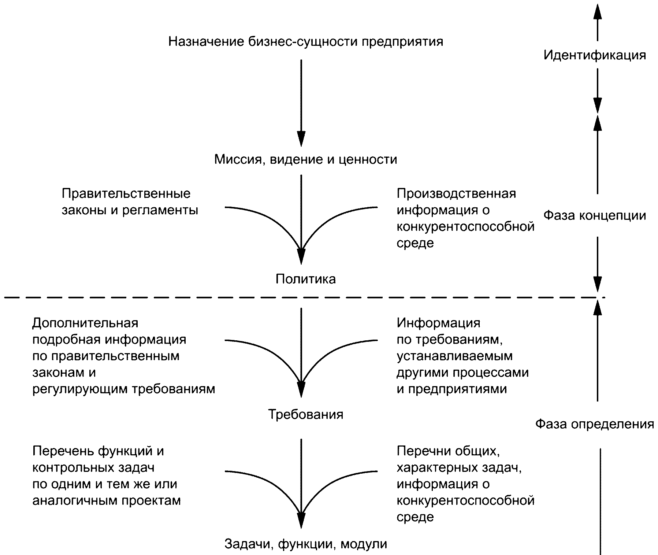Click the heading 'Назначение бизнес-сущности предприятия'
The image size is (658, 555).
point(305,41)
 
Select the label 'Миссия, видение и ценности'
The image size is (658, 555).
point(305,160)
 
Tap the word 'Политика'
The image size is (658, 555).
point(305,279)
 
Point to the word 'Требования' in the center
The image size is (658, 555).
point(305,414)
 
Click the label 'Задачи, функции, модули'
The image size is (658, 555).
point(305,544)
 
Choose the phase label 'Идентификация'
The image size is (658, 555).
point(594,55)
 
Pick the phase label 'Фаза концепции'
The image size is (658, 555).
point(594,215)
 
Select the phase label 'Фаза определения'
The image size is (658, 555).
point(594,424)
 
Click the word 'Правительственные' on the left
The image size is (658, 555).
point(126,193)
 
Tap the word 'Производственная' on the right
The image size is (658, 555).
point(456,193)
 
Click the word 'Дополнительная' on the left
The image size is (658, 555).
point(85,323)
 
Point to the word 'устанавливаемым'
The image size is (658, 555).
point(454,356)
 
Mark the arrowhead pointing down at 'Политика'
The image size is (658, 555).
point(301,256)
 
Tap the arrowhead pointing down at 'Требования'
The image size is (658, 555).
point(301,389)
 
